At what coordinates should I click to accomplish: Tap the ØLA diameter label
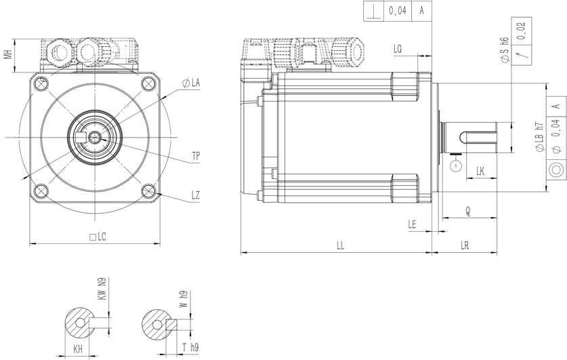[191, 83]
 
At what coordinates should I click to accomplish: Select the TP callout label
[196, 157]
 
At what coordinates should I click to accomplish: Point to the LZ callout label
[196, 195]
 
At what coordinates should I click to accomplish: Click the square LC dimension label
[98, 237]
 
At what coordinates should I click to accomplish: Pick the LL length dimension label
[340, 245]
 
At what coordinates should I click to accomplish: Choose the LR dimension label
[465, 245]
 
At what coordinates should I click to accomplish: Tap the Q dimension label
[468, 211]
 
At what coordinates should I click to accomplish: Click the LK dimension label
[480, 171]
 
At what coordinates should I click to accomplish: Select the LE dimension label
[413, 224]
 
